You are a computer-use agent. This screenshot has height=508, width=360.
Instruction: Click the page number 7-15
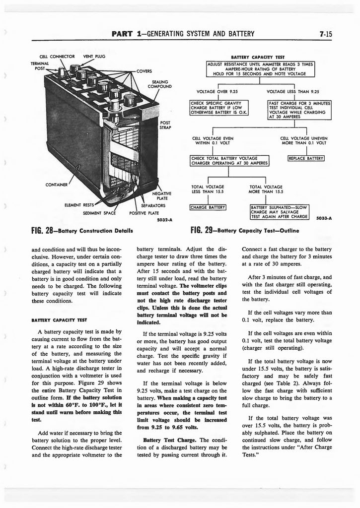tap(326, 34)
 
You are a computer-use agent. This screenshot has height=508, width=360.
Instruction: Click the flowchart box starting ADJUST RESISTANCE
tap(261, 69)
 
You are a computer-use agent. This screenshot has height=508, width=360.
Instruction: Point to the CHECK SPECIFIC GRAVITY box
tap(219, 107)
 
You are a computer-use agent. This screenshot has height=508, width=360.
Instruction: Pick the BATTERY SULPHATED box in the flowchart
tap(280, 211)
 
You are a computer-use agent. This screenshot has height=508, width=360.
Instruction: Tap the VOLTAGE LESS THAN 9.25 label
tap(292, 91)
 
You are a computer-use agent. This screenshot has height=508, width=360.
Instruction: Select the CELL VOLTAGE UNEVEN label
tap(303, 140)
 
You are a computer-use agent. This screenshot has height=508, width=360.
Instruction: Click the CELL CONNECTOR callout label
tap(57, 56)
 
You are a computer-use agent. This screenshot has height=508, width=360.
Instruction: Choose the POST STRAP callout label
tap(165, 125)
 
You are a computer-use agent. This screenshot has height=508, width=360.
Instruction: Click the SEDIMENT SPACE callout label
tap(99, 213)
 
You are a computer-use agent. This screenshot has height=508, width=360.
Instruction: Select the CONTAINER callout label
tap(57, 185)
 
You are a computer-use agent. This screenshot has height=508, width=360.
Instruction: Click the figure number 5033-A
tap(324, 218)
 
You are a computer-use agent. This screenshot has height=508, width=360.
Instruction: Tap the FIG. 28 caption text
tap(82, 230)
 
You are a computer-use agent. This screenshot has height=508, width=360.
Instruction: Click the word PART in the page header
tap(122, 34)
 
